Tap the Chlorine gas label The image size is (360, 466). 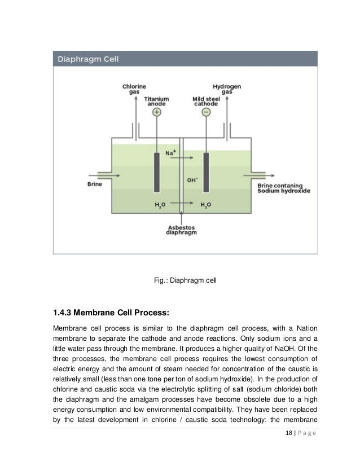click(x=134, y=89)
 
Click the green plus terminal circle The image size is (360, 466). click(x=157, y=113)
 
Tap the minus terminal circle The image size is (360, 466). click(x=206, y=113)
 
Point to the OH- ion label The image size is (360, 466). click(x=192, y=181)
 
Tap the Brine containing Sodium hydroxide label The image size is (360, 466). click(x=283, y=188)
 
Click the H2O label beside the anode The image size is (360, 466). click(x=160, y=204)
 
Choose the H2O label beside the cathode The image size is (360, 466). click(x=206, y=204)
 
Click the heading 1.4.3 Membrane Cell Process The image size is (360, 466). click(x=111, y=311)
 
